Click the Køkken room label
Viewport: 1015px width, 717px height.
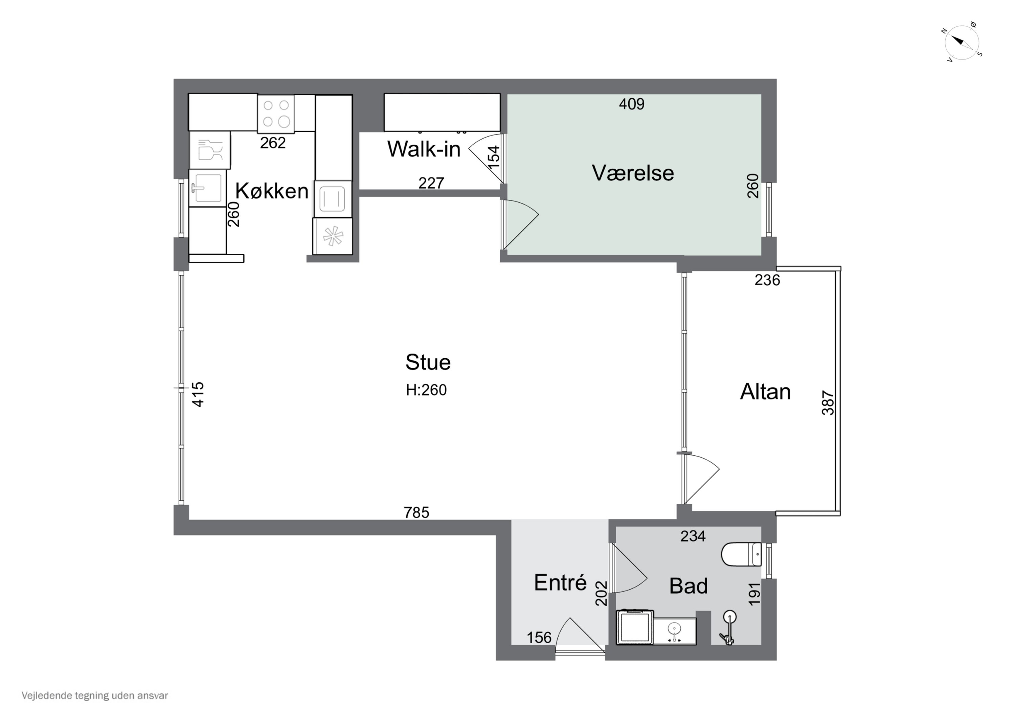click(271, 191)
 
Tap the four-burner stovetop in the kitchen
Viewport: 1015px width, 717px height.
click(276, 114)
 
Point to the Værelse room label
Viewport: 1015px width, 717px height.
click(633, 173)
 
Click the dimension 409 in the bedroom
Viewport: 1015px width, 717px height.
click(631, 104)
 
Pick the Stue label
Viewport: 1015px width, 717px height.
click(428, 362)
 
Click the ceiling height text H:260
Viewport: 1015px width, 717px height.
click(426, 390)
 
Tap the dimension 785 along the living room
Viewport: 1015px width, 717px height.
click(416, 512)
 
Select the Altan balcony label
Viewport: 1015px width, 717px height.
click(765, 392)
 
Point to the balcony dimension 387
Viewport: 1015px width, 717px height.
click(828, 403)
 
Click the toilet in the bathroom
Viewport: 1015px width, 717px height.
click(741, 554)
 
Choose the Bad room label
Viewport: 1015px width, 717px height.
click(688, 586)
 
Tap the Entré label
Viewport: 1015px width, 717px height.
click(560, 583)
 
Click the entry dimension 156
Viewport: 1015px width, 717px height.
click(539, 638)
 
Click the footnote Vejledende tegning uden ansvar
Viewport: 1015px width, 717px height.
click(95, 695)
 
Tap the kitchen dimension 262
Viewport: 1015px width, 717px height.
click(272, 143)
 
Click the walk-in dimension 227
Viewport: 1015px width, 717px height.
click(431, 183)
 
